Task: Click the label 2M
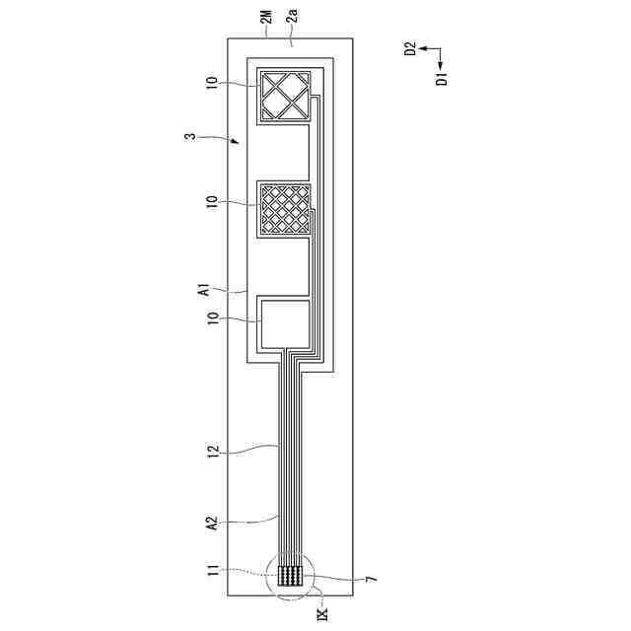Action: coord(267,16)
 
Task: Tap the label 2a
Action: coord(293,16)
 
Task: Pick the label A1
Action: coord(205,290)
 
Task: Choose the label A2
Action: coord(212,523)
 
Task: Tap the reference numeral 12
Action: coord(212,451)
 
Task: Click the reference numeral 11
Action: coord(212,570)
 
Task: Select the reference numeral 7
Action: coord(372,580)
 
